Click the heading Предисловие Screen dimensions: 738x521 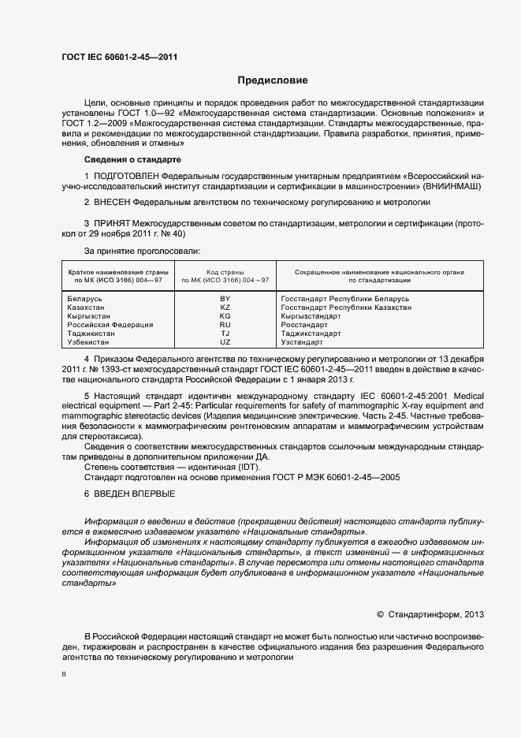coord(273,80)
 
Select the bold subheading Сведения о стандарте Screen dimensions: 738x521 coord(132,159)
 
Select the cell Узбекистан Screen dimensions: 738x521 coord(89,342)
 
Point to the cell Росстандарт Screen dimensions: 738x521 coord(303,325)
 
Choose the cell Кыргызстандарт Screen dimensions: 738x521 coord(311,316)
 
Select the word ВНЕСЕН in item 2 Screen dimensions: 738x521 coord(112,203)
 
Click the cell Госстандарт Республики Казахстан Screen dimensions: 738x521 coord(345,307)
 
